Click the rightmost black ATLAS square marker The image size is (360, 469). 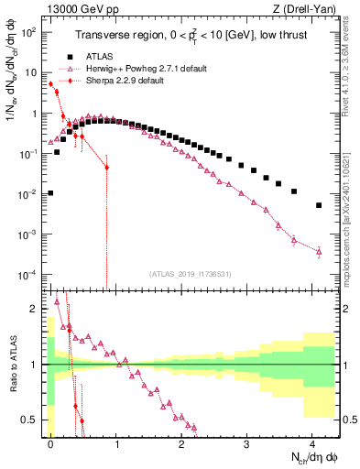pos(319,205)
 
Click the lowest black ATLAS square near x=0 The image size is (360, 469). pos(50,193)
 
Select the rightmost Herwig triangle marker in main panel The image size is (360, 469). pos(319,251)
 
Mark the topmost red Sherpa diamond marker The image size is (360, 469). pos(50,84)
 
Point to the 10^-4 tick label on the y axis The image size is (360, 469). pos(29,275)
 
